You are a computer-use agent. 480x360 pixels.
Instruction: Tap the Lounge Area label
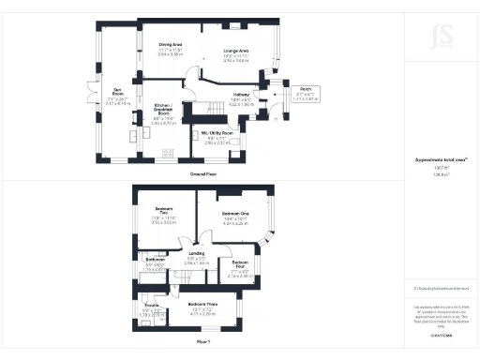(236, 50)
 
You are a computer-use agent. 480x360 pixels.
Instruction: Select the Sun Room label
(118, 94)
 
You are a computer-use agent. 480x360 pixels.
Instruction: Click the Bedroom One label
(234, 215)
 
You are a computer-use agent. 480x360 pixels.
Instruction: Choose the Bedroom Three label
(202, 305)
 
